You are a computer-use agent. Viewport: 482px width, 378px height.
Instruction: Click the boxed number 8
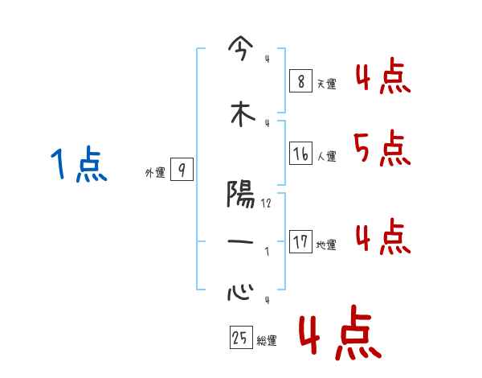300,81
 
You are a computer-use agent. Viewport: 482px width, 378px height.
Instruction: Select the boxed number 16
300,154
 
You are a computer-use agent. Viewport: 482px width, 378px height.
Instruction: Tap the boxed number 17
300,242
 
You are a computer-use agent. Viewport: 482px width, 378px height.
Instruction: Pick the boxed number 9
182,170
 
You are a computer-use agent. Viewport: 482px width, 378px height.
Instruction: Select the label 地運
327,245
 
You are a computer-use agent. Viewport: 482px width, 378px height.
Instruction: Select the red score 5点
381,147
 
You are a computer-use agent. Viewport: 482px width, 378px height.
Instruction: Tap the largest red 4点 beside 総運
339,335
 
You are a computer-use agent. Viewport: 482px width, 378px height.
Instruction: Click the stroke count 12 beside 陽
267,204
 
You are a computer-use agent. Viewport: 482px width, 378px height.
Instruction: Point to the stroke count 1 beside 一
267,251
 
